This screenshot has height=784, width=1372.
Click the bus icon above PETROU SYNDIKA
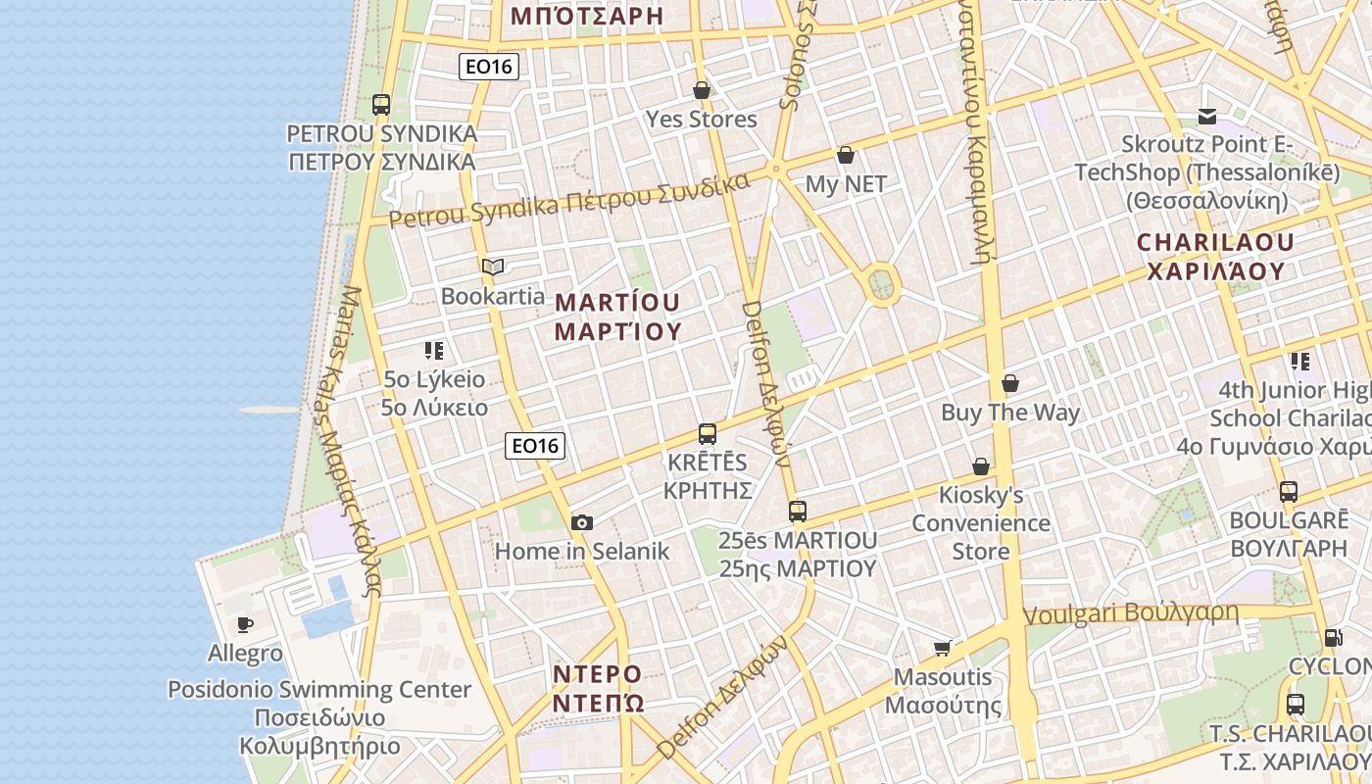[381, 105]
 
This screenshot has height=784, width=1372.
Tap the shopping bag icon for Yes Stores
[702, 91]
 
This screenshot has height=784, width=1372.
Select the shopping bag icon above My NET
[846, 156]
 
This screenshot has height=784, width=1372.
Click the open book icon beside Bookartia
[492, 267]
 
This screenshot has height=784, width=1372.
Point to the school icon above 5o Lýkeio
[434, 351]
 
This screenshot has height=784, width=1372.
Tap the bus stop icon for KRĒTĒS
[708, 434]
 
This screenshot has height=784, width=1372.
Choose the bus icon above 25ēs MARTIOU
[798, 512]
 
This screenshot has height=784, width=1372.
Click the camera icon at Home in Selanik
[582, 523]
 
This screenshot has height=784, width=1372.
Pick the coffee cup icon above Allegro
[245, 624]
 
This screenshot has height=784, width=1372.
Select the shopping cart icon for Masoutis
[943, 648]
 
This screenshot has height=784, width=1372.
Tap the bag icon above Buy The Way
[1010, 384]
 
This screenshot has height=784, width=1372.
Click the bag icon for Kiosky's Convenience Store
[981, 466]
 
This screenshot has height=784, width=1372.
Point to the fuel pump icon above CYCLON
[1333, 638]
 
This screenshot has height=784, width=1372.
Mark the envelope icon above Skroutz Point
[1207, 117]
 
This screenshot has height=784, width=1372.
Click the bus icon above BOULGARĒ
[1289, 492]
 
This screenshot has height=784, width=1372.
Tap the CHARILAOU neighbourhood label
[1215, 256]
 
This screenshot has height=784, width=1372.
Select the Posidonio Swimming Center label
[319, 689]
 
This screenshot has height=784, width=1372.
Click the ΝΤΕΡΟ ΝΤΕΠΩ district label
[598, 689]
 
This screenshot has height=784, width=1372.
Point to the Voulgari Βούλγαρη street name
[1131, 614]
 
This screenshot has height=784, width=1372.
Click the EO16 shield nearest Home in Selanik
[535, 446]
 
